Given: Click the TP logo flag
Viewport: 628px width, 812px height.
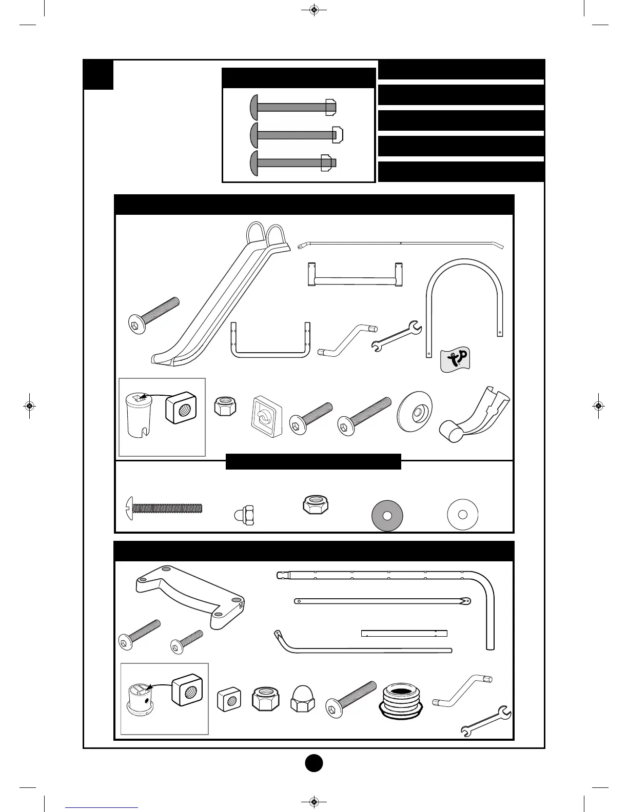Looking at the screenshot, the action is point(455,359).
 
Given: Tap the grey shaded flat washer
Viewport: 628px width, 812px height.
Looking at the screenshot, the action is point(387,516).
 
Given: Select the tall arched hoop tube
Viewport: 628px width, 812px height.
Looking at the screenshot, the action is point(465,302).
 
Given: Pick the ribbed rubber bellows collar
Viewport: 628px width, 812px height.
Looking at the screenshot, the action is point(401,700).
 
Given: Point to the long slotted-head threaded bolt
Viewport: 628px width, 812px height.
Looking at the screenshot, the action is point(164,509).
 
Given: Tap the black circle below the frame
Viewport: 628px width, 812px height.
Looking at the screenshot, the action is point(314,763).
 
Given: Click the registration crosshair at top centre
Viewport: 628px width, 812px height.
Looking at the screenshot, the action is point(314,10).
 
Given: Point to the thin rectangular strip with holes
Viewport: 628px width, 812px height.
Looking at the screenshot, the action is point(404,634).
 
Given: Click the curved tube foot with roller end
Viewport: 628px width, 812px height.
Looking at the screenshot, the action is point(475,417).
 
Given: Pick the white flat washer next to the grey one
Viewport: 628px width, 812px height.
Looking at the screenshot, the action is point(463,514).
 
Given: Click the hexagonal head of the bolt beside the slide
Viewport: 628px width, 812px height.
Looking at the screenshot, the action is point(136,325).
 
